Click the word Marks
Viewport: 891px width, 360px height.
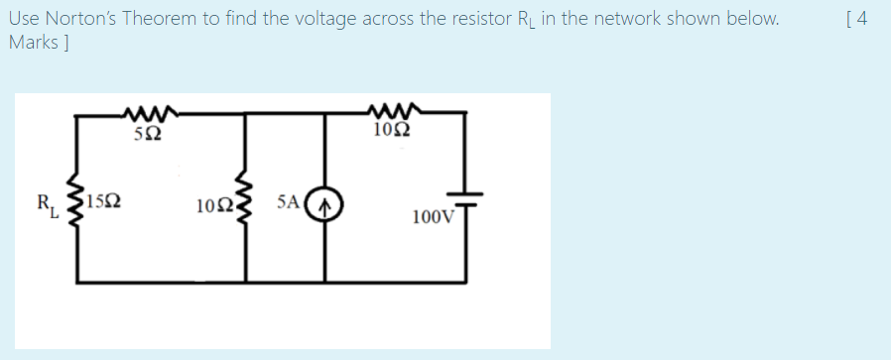[32, 43]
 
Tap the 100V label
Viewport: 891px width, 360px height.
[431, 216]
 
